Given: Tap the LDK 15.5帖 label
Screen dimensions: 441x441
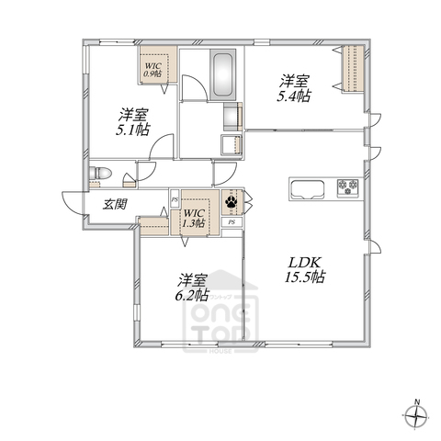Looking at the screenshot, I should pos(303,269).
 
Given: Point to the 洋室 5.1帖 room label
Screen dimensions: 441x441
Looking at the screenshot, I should pos(133,123).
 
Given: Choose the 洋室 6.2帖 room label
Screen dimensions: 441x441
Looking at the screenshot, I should pos(193,286).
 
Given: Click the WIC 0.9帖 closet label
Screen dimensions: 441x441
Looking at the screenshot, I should pos(153,69).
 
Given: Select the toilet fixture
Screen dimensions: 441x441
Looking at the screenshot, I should pos(100,175).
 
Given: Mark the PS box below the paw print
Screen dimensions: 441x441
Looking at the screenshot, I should pos(232,222).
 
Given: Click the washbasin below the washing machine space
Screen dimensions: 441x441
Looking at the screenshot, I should pos(230,144).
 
